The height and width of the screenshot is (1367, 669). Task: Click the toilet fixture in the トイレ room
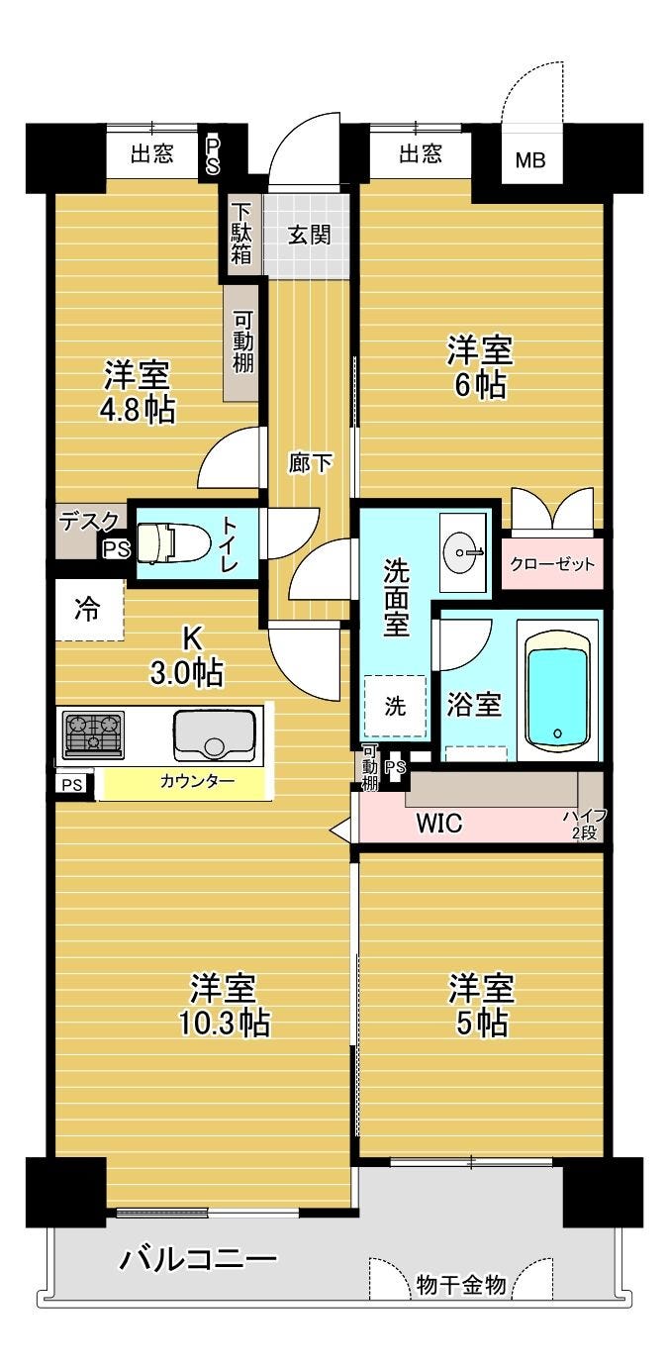pyautogui.click(x=173, y=541)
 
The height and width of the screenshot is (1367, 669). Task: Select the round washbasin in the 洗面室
pyautogui.click(x=463, y=552)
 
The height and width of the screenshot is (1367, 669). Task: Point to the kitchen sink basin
pyautogui.click(x=214, y=734)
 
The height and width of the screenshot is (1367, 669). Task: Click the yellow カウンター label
pyautogui.click(x=197, y=781)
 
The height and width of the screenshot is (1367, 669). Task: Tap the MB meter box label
pyautogui.click(x=530, y=160)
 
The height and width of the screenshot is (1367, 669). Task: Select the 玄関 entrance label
pyautogui.click(x=310, y=235)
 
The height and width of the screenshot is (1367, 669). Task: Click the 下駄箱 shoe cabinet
pyautogui.click(x=241, y=235)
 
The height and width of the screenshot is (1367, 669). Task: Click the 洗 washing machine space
pyautogui.click(x=395, y=706)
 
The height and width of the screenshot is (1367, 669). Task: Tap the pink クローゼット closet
pyautogui.click(x=552, y=563)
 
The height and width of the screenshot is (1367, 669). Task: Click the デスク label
pyautogui.click(x=90, y=522)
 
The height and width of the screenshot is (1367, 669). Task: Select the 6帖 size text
pyautogui.click(x=480, y=385)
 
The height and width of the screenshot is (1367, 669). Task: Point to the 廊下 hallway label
pyautogui.click(x=310, y=464)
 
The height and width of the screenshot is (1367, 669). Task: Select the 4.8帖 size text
pyautogui.click(x=138, y=410)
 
